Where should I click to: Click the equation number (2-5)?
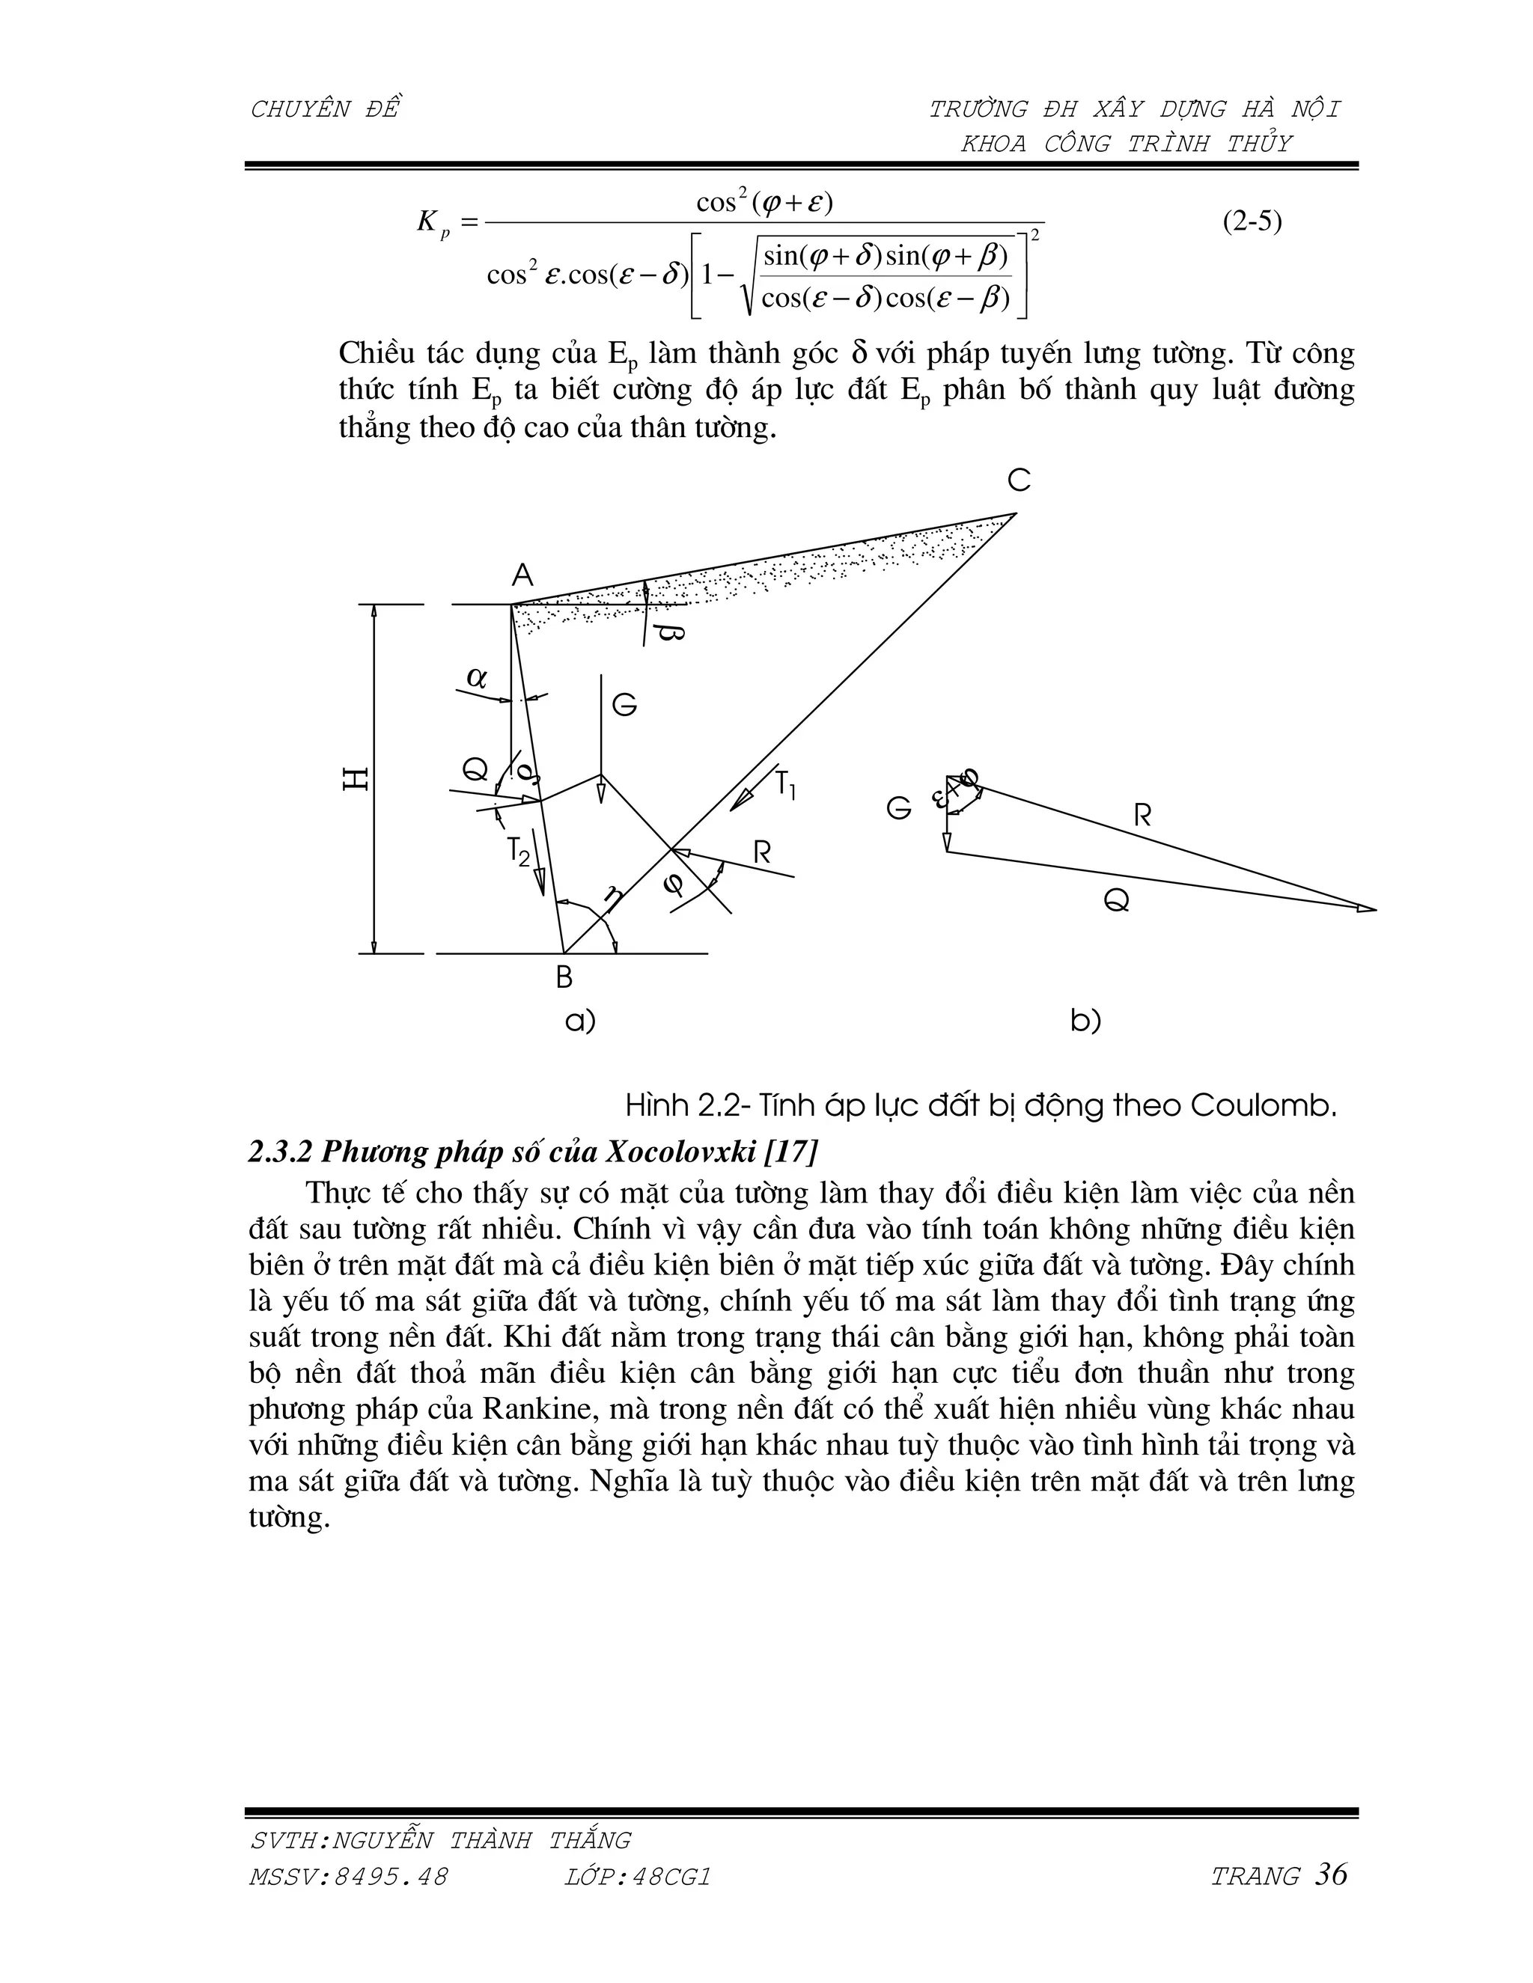pyautogui.click(x=1252, y=222)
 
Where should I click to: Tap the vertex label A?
pyautogui.click(x=522, y=575)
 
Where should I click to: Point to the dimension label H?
pyautogui.click(x=355, y=778)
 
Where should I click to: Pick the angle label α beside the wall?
pyautogui.click(x=476, y=677)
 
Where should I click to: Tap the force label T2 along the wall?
pyautogui.click(x=518, y=852)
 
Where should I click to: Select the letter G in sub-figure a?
pyautogui.click(x=624, y=706)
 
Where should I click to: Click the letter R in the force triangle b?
pyautogui.click(x=1142, y=816)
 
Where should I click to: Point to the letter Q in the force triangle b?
pyautogui.click(x=1116, y=899)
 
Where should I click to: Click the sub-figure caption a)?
pyautogui.click(x=580, y=1021)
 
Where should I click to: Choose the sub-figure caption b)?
pyautogui.click(x=1085, y=1021)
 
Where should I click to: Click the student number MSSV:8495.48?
pyautogui.click(x=348, y=1877)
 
